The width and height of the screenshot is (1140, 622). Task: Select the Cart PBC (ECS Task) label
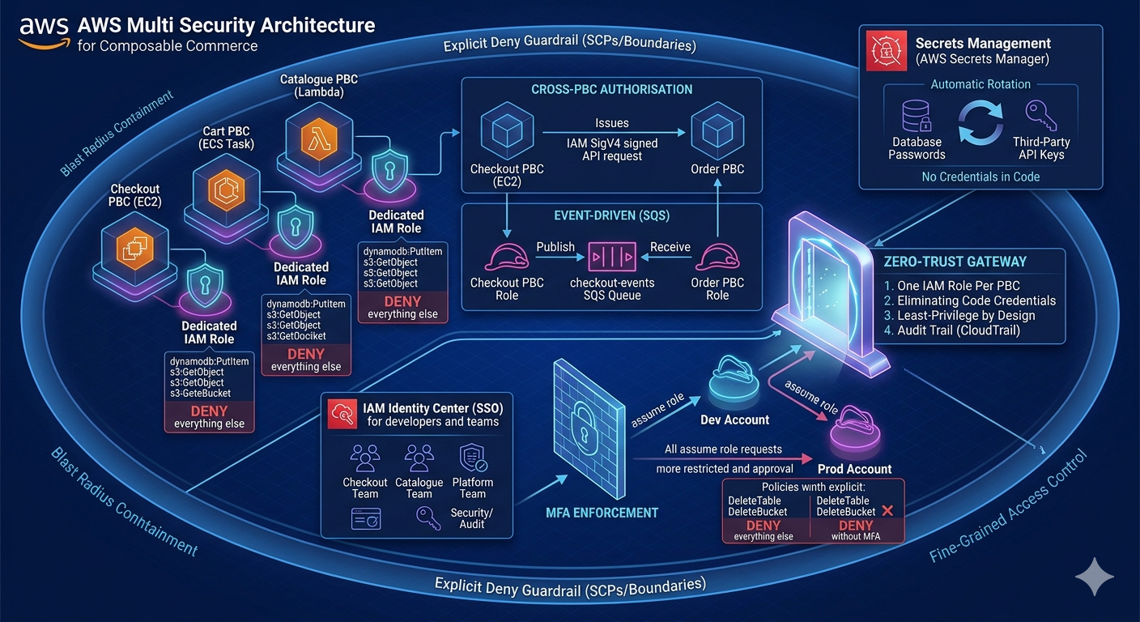227,138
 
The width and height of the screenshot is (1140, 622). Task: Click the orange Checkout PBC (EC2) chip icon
133,250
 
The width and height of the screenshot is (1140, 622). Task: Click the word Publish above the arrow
555,246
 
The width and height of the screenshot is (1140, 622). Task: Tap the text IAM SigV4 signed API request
612,150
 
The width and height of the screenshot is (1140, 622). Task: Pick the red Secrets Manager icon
885,50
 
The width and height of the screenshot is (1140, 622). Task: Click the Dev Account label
734,420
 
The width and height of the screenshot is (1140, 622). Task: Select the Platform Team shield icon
472,458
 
